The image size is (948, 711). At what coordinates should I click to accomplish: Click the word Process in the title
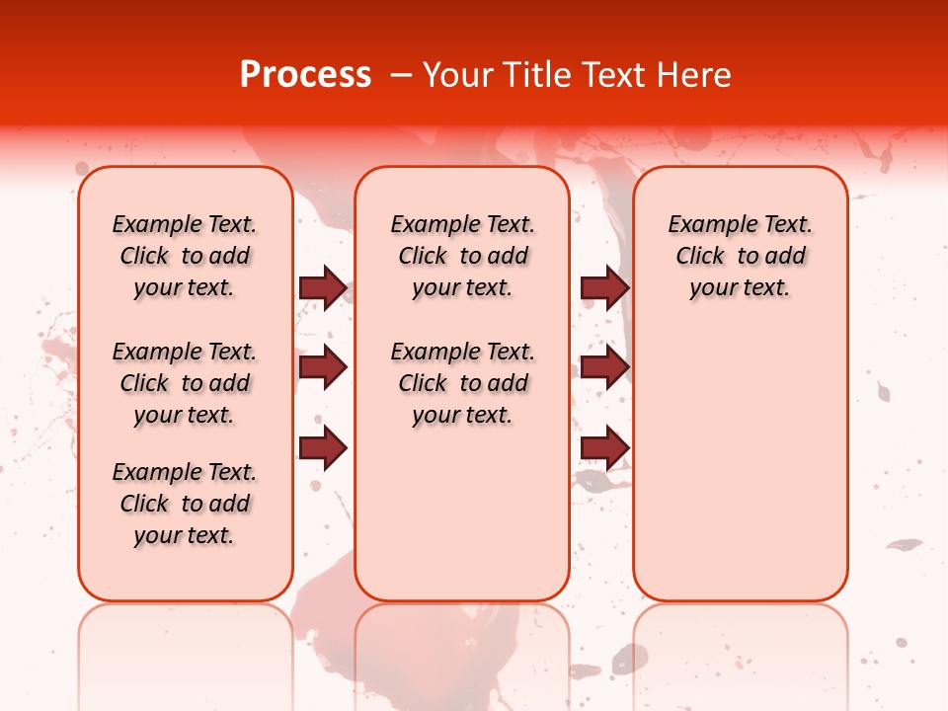(x=305, y=75)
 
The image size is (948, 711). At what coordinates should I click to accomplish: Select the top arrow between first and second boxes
(x=323, y=287)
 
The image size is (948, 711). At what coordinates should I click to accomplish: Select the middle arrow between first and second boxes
(x=323, y=367)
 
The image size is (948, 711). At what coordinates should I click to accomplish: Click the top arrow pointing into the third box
(x=604, y=287)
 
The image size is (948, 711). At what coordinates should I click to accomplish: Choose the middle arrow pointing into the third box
(x=604, y=367)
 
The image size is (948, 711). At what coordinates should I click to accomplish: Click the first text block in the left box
(x=185, y=256)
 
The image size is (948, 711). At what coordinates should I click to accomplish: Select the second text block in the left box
(x=185, y=383)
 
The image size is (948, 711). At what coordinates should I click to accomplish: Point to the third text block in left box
(x=185, y=504)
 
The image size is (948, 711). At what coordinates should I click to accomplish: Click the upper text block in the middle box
(x=462, y=256)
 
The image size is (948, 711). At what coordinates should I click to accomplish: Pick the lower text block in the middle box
(x=462, y=383)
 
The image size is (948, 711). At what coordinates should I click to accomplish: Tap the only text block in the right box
(x=740, y=256)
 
